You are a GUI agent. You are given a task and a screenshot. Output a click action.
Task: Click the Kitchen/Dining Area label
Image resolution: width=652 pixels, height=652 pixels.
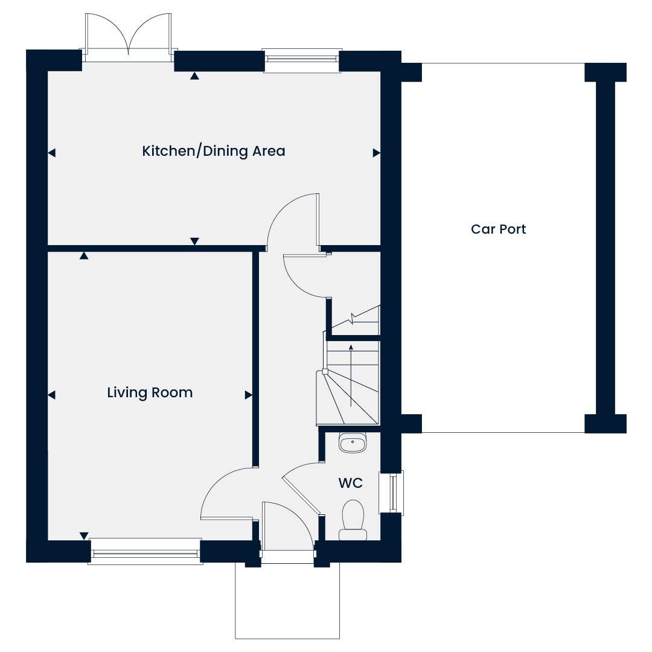tap(213, 152)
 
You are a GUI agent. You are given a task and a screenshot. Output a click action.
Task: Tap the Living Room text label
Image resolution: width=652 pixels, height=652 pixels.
tap(150, 393)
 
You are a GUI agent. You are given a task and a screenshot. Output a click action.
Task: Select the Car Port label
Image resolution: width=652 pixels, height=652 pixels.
tap(498, 229)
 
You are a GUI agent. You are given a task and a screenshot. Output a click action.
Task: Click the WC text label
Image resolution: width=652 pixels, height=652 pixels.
tap(351, 483)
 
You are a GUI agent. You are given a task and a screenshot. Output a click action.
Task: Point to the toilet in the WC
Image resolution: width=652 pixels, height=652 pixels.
tap(353, 520)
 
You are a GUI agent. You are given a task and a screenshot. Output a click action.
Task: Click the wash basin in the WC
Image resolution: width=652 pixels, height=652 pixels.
tap(353, 442)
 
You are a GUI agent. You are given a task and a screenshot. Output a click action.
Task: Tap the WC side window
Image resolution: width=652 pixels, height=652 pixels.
tap(391, 492)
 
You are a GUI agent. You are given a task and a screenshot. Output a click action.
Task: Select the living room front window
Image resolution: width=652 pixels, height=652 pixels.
tap(145, 552)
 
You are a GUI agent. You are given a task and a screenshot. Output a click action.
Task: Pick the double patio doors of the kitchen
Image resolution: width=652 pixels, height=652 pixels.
tap(129, 37)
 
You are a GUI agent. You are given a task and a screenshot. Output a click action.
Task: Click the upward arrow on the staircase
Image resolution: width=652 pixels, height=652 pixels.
tap(351, 376)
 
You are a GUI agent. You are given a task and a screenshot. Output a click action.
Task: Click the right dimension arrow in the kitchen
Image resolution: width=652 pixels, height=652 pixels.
tap(376, 153)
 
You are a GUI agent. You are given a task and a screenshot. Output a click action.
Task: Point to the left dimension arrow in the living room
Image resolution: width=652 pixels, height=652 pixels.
tap(51, 395)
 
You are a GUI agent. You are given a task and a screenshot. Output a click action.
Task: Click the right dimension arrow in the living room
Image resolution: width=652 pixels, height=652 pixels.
tap(248, 395)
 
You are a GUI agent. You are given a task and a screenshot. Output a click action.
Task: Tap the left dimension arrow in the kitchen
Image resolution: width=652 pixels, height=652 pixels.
tap(51, 153)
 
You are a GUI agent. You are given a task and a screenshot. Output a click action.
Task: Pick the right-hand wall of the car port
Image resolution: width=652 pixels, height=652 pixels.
tap(606, 248)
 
